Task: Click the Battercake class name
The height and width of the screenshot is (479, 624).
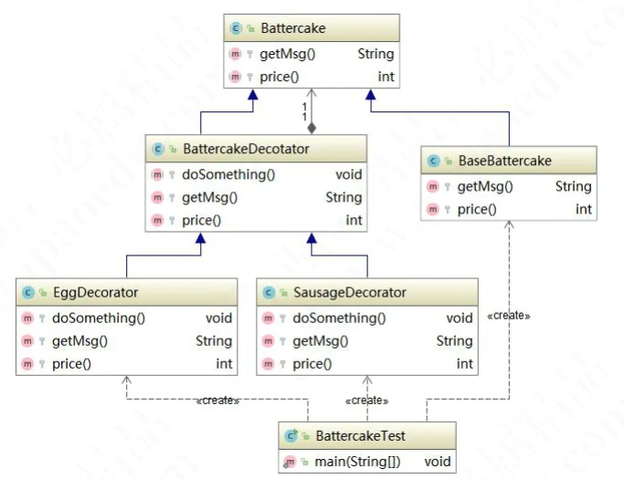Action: tap(292, 28)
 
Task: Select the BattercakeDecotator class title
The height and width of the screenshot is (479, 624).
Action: tap(259, 149)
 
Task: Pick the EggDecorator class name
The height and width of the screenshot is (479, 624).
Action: tap(95, 293)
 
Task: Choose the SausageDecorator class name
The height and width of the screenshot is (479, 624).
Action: tap(349, 293)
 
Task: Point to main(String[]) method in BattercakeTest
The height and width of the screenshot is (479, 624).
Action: tap(357, 462)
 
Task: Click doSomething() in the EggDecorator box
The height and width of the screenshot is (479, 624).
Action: tap(99, 318)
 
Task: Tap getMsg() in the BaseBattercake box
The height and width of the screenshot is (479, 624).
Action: tap(484, 186)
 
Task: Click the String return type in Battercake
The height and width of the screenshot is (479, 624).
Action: tap(375, 54)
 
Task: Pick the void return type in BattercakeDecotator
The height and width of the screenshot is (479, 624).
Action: tap(349, 174)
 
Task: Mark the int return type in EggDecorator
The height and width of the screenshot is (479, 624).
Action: tap(224, 364)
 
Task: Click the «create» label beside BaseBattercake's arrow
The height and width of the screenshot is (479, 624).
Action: tap(509, 316)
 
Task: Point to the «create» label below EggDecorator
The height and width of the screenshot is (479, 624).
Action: tap(217, 401)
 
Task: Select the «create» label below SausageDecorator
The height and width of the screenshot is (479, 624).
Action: tap(366, 401)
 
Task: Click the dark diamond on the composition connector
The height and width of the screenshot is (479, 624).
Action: tap(312, 128)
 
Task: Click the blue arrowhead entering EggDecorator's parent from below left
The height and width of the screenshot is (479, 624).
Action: tap(200, 238)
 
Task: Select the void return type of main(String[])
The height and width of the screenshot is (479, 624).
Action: tap(439, 462)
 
